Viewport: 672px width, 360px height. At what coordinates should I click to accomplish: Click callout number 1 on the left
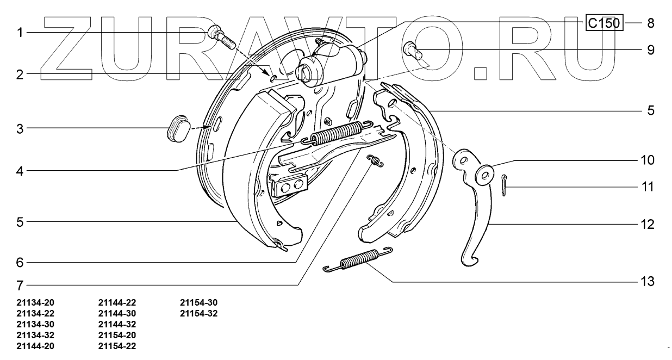pyautogui.click(x=20, y=33)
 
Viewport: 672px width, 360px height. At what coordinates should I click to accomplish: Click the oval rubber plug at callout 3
pyautogui.click(x=177, y=128)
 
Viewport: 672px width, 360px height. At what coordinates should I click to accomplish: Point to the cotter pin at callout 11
pyautogui.click(x=505, y=185)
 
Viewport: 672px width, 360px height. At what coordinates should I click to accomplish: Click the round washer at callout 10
pyautogui.click(x=483, y=172)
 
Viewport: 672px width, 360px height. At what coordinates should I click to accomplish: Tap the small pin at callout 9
pyautogui.click(x=414, y=51)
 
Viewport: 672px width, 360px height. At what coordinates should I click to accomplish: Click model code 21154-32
pyautogui.click(x=198, y=313)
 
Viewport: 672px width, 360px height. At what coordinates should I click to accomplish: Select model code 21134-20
pyautogui.click(x=35, y=302)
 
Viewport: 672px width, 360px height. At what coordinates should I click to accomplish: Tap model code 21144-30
pyautogui.click(x=117, y=313)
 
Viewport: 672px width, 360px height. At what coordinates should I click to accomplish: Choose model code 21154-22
pyautogui.click(x=117, y=346)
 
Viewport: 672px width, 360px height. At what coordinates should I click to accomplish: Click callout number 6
pyautogui.click(x=20, y=262)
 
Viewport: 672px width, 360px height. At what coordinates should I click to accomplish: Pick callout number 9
pyautogui.click(x=650, y=50)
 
